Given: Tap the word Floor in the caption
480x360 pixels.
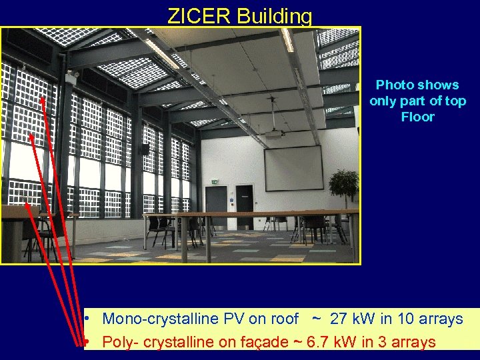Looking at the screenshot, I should tap(417, 117).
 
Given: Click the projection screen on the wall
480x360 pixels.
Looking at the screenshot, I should tap(293, 168).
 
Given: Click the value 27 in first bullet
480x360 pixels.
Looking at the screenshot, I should tap(340, 319).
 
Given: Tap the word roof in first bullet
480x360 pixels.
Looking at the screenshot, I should tap(283, 319).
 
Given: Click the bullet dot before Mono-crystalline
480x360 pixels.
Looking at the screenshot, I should tap(87, 319).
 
